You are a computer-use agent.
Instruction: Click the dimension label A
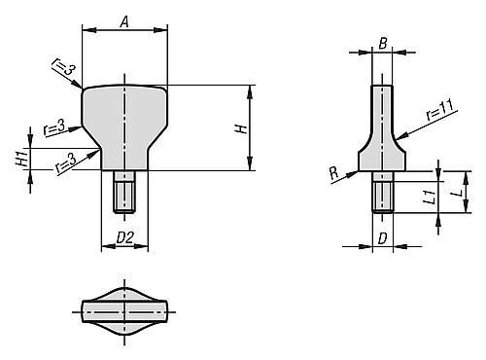(x=123, y=19)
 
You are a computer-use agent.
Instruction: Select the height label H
(x=242, y=127)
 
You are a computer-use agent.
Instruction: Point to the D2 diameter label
(x=124, y=237)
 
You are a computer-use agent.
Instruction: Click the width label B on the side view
(x=383, y=44)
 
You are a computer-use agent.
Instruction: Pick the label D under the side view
(x=383, y=237)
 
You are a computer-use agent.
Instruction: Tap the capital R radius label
(x=334, y=171)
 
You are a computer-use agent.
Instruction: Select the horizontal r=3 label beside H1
(x=56, y=126)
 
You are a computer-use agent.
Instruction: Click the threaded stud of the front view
(x=124, y=191)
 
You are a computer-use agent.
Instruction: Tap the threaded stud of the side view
(x=383, y=192)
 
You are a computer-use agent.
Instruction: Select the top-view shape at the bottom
(x=124, y=311)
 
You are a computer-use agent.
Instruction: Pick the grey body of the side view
(x=383, y=136)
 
